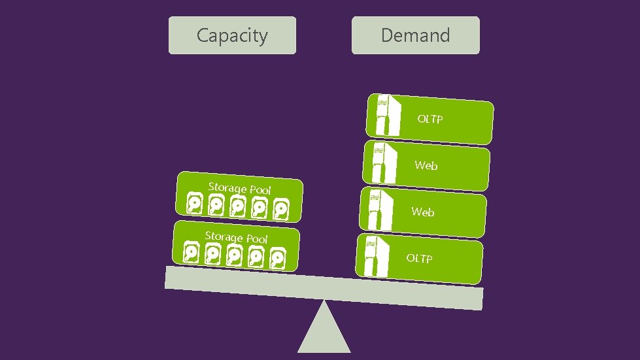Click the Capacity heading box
pos(232,35)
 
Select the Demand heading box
pos(415,35)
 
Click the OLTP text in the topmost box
pos(430,119)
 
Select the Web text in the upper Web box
pos(426,165)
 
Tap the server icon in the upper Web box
pos(383,161)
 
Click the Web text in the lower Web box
pos(423,212)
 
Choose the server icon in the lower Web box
pos(380,209)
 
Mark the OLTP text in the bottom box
pos(419,258)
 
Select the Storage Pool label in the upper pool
pos(239,188)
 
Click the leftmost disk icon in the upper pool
pos(195,204)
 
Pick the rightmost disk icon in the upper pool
pos(280,210)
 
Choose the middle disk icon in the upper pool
pos(237,206)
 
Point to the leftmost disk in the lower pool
pos(192,252)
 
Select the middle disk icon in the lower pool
pos(234,255)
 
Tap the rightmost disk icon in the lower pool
pos(277,258)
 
